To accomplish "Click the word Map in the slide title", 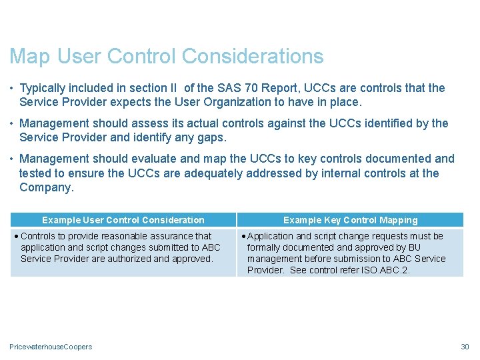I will [31, 57].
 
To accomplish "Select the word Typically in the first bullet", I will [45, 88].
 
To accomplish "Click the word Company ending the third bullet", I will [47, 187].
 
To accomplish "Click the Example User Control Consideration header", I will [123, 220].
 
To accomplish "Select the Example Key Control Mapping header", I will [351, 220].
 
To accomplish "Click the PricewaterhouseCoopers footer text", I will [51, 347].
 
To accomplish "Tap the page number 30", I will [465, 347].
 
